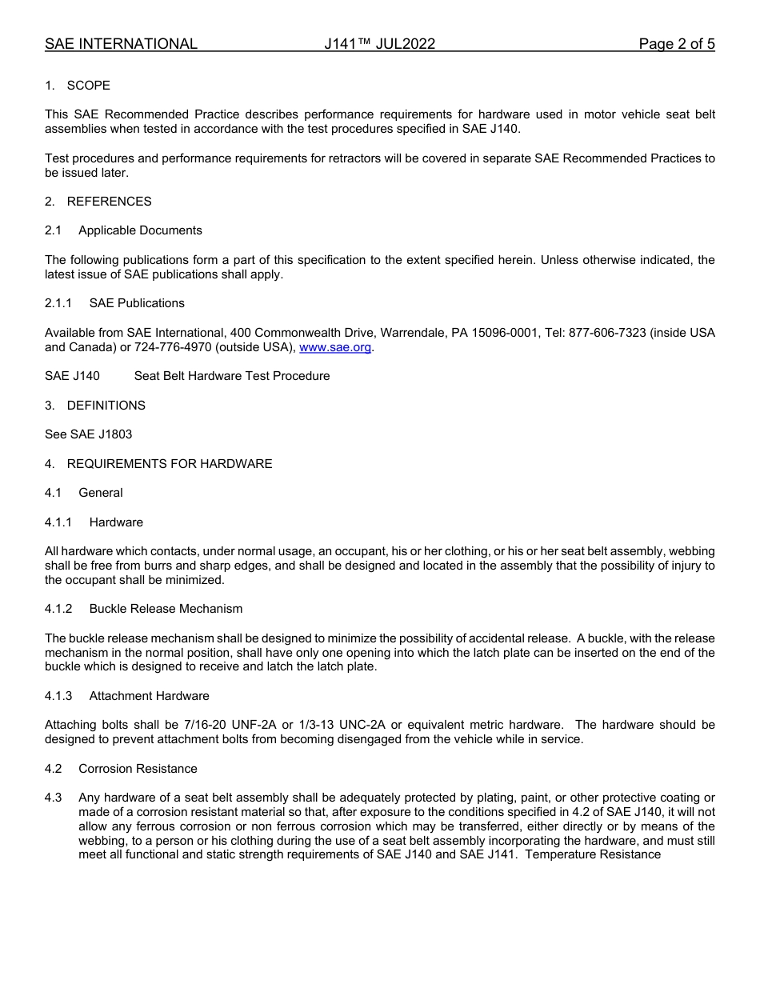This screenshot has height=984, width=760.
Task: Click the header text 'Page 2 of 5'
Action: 676,44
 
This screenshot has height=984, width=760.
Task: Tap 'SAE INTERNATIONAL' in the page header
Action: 121,44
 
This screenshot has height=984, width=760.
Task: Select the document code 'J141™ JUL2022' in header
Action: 379,44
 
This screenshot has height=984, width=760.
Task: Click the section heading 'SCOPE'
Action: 88,86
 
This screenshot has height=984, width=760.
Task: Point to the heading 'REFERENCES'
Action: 109,202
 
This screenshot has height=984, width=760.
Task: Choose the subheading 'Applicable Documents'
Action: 140,230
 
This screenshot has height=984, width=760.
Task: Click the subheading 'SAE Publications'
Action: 137,303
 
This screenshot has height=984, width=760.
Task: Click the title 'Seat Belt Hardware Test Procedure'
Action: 231,376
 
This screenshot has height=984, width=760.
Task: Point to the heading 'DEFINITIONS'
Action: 106,406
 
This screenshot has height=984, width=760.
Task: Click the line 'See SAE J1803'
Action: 88,434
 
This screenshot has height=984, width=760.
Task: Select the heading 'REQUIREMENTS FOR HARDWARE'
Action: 170,464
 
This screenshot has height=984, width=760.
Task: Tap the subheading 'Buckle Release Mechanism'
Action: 166,609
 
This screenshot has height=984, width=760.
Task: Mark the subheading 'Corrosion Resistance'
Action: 138,769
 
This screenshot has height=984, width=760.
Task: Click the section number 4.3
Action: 54,798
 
